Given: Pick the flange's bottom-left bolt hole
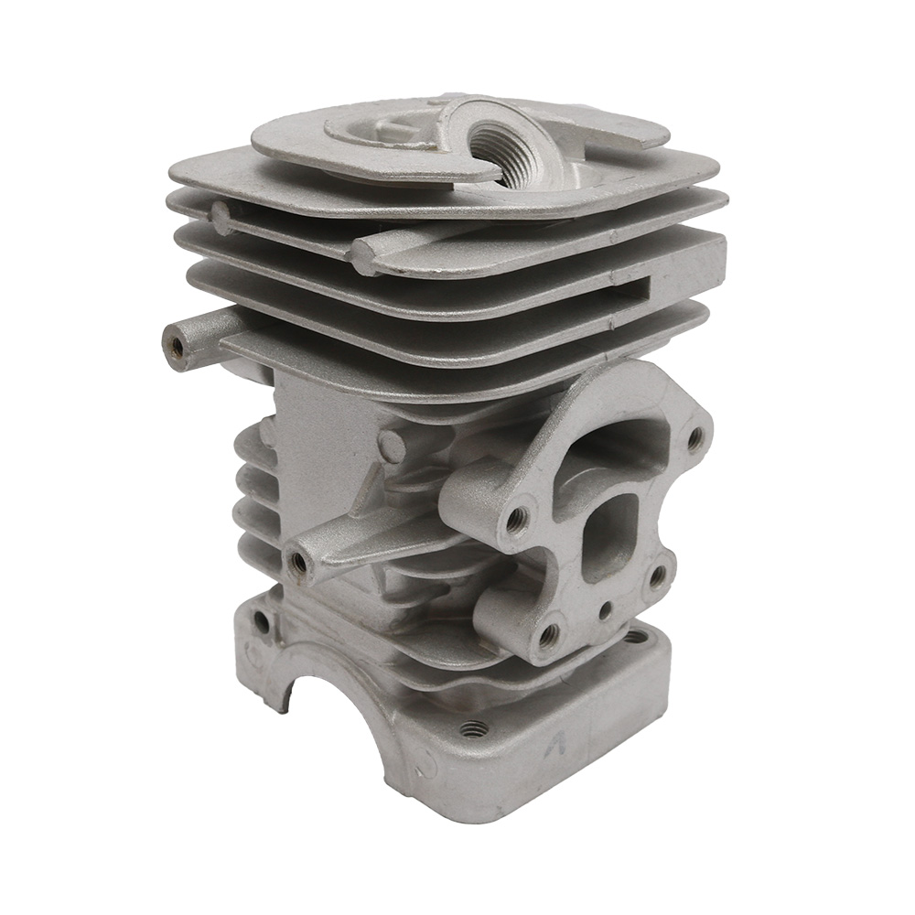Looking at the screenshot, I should (548, 632).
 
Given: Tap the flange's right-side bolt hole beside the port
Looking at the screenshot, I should (657, 577).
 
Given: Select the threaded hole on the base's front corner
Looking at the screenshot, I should (472, 729).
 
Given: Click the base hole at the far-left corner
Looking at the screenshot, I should (261, 621).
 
